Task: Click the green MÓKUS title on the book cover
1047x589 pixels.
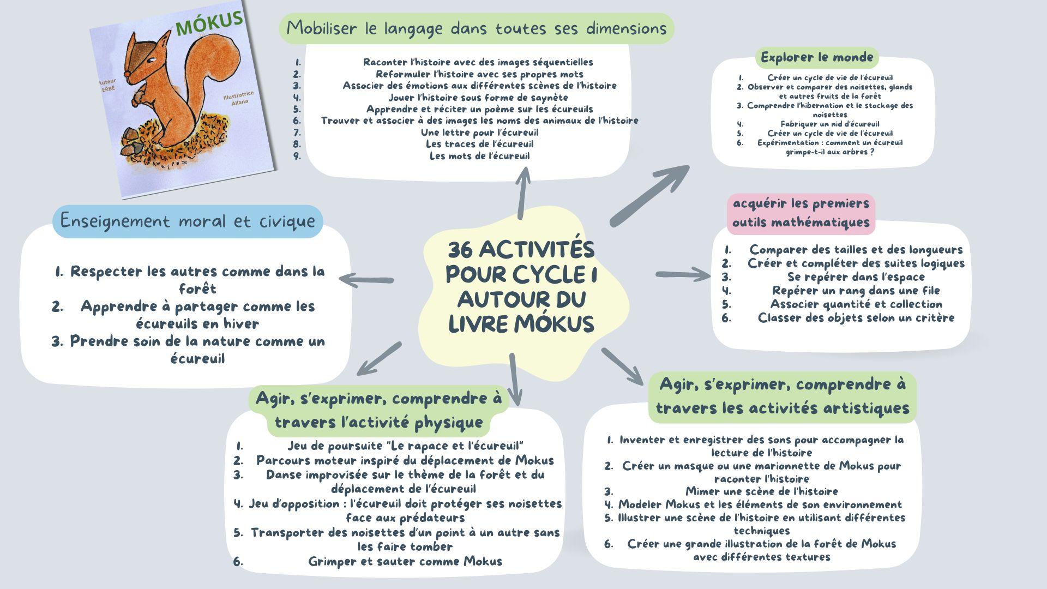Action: point(210,23)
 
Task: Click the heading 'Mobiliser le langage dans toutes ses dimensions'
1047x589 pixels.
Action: point(477,28)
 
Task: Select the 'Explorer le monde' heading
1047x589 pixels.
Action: point(817,57)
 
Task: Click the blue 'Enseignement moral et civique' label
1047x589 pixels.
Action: point(188,221)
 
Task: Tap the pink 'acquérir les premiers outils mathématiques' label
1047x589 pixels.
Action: point(801,213)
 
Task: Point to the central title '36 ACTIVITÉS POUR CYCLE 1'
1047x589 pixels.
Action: point(521,262)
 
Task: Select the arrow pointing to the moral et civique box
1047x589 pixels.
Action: point(365,280)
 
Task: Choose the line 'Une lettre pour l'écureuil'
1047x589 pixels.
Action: point(479,133)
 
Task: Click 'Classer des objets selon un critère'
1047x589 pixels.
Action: point(856,317)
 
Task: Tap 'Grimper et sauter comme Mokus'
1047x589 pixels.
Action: point(405,561)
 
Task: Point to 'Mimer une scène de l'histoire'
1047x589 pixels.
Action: point(761,491)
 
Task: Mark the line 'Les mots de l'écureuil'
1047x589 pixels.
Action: point(479,156)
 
